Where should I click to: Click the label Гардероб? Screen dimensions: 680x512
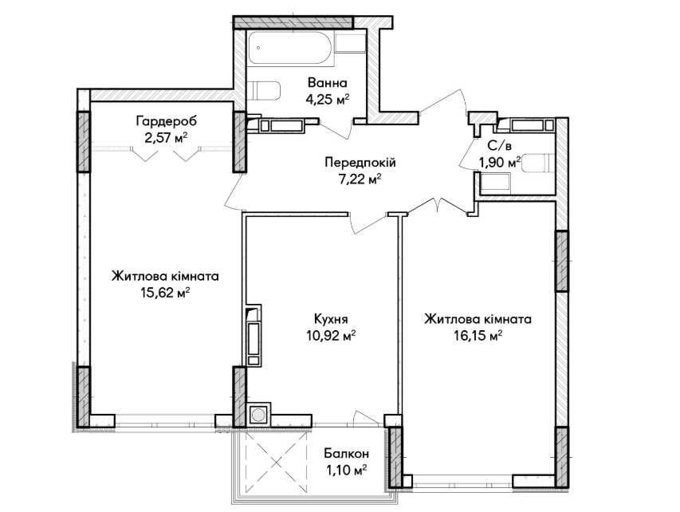pos(167,120)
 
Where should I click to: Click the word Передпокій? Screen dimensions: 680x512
pos(360,163)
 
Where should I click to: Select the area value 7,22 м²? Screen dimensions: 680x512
pos(360,179)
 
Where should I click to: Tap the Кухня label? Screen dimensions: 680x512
pos(331,319)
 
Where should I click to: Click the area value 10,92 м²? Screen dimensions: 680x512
pos(331,336)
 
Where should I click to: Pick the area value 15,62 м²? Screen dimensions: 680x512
pos(165,293)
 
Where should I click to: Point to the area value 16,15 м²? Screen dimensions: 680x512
pos(478,336)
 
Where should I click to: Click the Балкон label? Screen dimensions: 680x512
pos(347,454)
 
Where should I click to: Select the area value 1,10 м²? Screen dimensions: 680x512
pos(347,470)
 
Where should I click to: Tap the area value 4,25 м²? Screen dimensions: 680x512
pos(328,100)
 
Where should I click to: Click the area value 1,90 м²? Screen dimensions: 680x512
pos(500,163)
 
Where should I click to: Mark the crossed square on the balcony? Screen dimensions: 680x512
pos(277,462)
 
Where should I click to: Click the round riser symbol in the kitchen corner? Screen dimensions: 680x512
pos(258,415)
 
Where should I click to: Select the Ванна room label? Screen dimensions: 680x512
pos(328,82)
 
